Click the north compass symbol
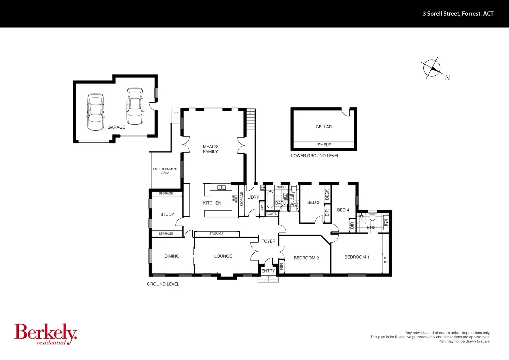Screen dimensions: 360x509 click(x=432, y=68)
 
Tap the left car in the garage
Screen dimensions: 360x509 click(x=95, y=112)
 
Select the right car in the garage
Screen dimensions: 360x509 click(x=135, y=106)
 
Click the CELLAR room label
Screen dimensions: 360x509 click(x=324, y=127)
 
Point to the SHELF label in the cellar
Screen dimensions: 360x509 click(x=324, y=145)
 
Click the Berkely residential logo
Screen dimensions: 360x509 click(x=45, y=334)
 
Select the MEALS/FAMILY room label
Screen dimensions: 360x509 click(x=210, y=149)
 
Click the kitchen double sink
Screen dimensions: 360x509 click(x=222, y=188)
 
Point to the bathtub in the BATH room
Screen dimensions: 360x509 click(x=270, y=199)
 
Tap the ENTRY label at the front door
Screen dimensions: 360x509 click(x=268, y=271)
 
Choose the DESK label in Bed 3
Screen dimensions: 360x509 click(x=327, y=195)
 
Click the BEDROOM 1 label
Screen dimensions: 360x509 click(x=357, y=257)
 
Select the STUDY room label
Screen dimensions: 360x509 click(x=167, y=214)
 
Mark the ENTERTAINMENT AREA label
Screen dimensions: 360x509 click(x=165, y=171)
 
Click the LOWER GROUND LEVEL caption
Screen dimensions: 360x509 click(x=315, y=156)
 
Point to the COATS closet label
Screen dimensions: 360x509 click(x=271, y=214)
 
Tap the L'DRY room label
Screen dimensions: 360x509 click(x=253, y=197)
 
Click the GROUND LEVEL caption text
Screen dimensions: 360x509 click(x=163, y=284)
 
